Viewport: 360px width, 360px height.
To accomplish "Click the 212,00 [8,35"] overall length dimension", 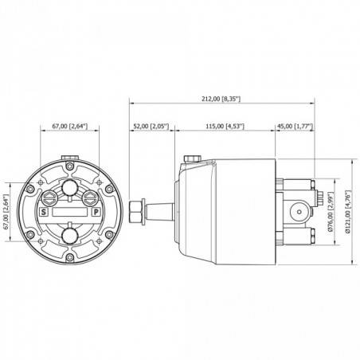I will pos(222,99).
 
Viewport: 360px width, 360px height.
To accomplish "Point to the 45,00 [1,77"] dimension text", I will pos(295,125).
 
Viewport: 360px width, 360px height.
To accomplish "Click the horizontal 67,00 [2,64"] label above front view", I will pos(69,125).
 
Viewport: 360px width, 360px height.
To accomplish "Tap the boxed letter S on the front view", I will pos(45,213).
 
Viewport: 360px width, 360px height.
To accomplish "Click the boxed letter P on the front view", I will pos(96,213).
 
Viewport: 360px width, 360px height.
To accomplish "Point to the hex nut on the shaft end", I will pos(135,211).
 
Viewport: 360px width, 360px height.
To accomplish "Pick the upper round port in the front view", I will pos(71,188).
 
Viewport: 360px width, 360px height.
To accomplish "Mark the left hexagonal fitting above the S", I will pos(50,196).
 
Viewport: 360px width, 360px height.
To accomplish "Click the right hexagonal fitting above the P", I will pos(91,196).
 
